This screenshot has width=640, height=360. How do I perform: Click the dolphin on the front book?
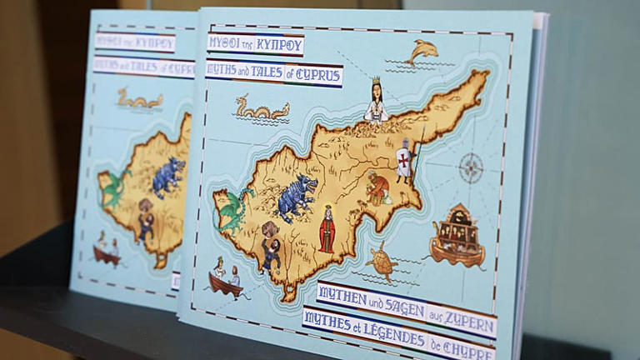[x=422, y=52]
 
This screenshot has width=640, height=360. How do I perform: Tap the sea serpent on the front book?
[x=260, y=108]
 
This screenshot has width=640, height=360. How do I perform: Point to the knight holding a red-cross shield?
[x=404, y=161]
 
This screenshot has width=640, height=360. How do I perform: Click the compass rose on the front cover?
[x=471, y=167]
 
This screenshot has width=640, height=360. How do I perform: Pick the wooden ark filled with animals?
[x=457, y=236]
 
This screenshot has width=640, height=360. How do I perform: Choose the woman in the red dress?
[x=327, y=229]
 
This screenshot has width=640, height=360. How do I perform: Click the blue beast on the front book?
[x=297, y=197]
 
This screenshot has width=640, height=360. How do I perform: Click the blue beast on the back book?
[x=169, y=176]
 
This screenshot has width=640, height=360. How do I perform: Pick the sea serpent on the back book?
[x=139, y=100]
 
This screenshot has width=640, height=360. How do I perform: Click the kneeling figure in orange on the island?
[x=378, y=189]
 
